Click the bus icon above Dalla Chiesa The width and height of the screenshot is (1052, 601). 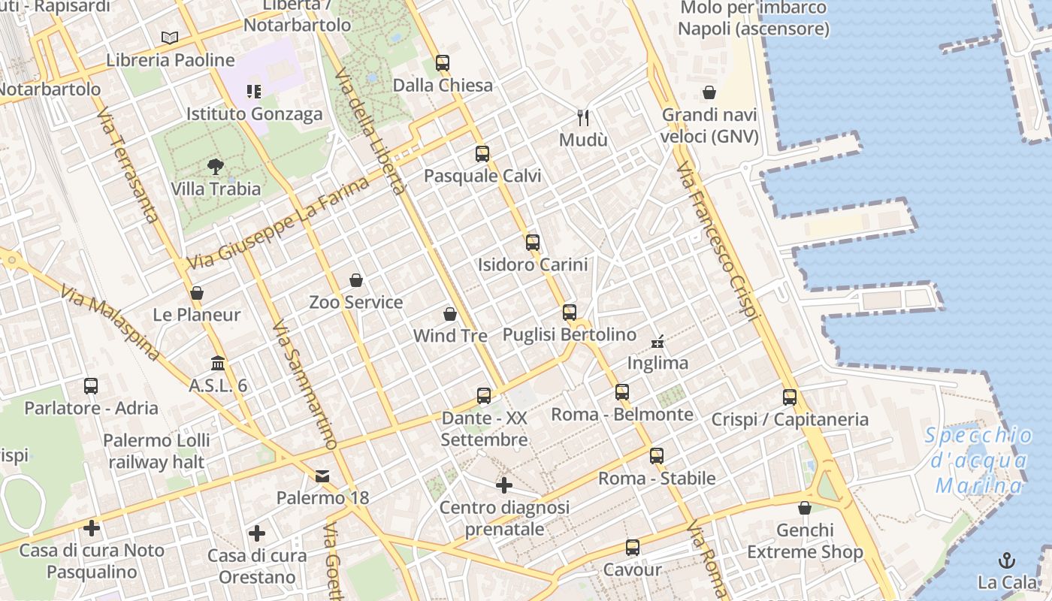[443, 63]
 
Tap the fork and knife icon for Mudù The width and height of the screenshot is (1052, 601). [582, 117]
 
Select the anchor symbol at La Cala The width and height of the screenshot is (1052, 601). [1006, 560]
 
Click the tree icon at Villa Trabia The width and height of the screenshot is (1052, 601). [216, 167]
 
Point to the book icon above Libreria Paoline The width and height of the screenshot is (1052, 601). [171, 38]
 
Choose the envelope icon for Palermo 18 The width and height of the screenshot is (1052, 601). [322, 476]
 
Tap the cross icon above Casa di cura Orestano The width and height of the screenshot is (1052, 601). [257, 533]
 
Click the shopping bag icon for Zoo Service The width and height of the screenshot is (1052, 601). [356, 280]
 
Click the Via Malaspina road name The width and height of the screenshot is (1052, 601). [110, 324]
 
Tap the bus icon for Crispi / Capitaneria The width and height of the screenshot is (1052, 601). [790, 397]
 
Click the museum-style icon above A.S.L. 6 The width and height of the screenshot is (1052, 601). [218, 363]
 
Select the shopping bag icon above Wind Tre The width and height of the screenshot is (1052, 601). [450, 313]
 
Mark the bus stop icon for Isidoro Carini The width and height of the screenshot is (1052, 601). [533, 242]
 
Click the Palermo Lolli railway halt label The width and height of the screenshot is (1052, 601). [156, 451]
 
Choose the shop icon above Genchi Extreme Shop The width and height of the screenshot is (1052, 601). [805, 508]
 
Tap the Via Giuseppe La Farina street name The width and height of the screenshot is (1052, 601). [279, 223]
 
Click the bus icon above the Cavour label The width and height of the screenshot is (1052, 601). [633, 548]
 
